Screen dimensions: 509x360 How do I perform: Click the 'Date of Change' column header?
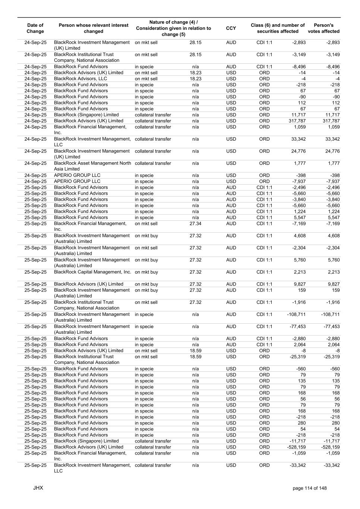(x=35, y=28)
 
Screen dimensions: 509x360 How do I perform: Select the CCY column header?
(x=231, y=28)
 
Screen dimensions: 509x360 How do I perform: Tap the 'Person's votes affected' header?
(x=323, y=28)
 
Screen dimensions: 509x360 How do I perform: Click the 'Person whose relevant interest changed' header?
(x=93, y=28)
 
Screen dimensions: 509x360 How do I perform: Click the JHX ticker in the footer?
(x=38, y=488)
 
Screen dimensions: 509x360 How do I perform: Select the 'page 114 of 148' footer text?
(x=310, y=488)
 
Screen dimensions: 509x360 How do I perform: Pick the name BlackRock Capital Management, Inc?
(x=93, y=272)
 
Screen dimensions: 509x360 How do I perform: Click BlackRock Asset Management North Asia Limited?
(x=93, y=166)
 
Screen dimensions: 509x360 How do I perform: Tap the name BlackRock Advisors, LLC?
(x=81, y=79)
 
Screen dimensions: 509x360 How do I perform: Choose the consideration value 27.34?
(x=195, y=224)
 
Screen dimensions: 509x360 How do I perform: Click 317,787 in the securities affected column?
(x=297, y=121)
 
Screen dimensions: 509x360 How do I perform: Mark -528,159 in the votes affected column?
(x=330, y=447)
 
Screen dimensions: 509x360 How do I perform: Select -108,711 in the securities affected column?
(x=296, y=314)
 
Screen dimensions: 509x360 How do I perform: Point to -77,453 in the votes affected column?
(x=331, y=327)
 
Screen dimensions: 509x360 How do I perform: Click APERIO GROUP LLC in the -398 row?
(x=77, y=175)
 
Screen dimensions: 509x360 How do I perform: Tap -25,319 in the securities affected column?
(x=297, y=357)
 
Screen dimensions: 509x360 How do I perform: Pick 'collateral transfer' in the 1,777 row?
(x=153, y=163)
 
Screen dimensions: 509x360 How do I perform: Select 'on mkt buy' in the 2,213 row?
(x=146, y=272)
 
